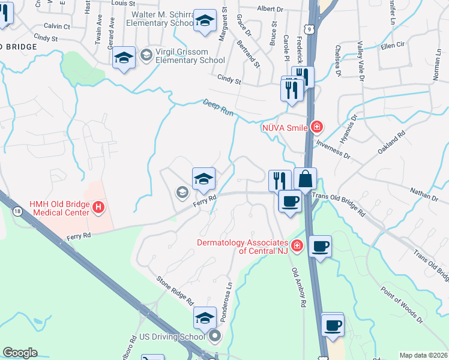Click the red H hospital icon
click(x=98, y=208)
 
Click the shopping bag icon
click(x=305, y=179)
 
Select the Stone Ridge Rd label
click(x=175, y=289)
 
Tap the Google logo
click(x=20, y=353)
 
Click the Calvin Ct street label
click(x=57, y=26)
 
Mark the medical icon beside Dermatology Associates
click(x=296, y=245)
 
